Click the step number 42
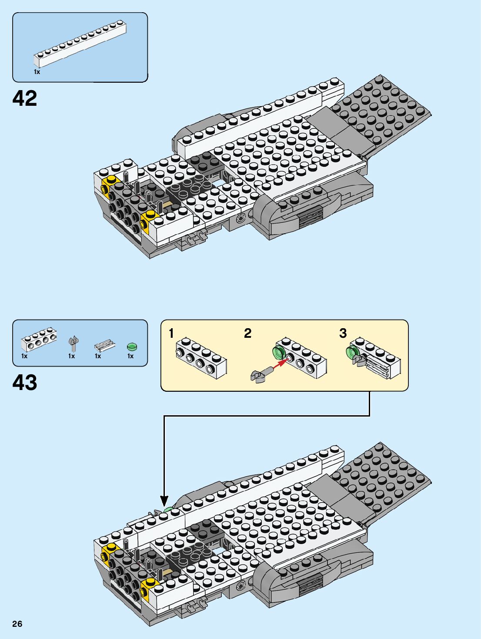pyautogui.click(x=25, y=98)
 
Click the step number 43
pyautogui.click(x=25, y=383)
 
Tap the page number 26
pyautogui.click(x=17, y=624)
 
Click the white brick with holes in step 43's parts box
pyautogui.click(x=39, y=340)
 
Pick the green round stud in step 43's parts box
pyautogui.click(x=132, y=346)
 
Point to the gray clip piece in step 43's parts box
pyautogui.click(x=73, y=344)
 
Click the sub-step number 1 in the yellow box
pyautogui.click(x=171, y=333)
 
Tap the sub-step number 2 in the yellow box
pyautogui.click(x=247, y=333)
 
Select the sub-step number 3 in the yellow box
pyautogui.click(x=343, y=333)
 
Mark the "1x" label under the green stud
pyautogui.click(x=130, y=356)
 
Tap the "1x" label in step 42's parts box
pyautogui.click(x=37, y=72)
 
